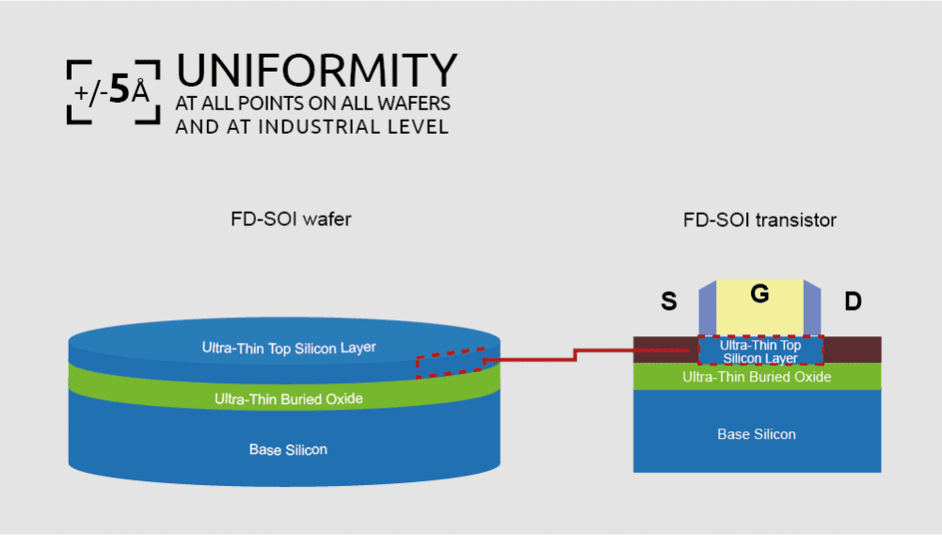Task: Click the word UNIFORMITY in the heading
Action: [316, 72]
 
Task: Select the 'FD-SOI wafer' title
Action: [291, 219]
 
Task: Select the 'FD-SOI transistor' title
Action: [759, 220]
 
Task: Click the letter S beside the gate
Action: [669, 301]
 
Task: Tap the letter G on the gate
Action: [759, 294]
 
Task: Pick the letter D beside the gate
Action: [853, 301]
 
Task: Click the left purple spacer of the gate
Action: [707, 310]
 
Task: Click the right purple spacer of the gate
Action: [812, 310]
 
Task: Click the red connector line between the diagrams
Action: [575, 353]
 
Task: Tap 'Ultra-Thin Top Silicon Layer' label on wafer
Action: [289, 348]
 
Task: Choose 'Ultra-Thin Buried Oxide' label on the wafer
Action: [289, 399]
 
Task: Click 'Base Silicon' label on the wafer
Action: [288, 449]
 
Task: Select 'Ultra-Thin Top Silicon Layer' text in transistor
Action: [760, 351]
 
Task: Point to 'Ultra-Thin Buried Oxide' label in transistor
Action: [757, 377]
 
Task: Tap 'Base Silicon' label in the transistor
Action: [757, 434]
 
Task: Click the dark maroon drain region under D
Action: [853, 349]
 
